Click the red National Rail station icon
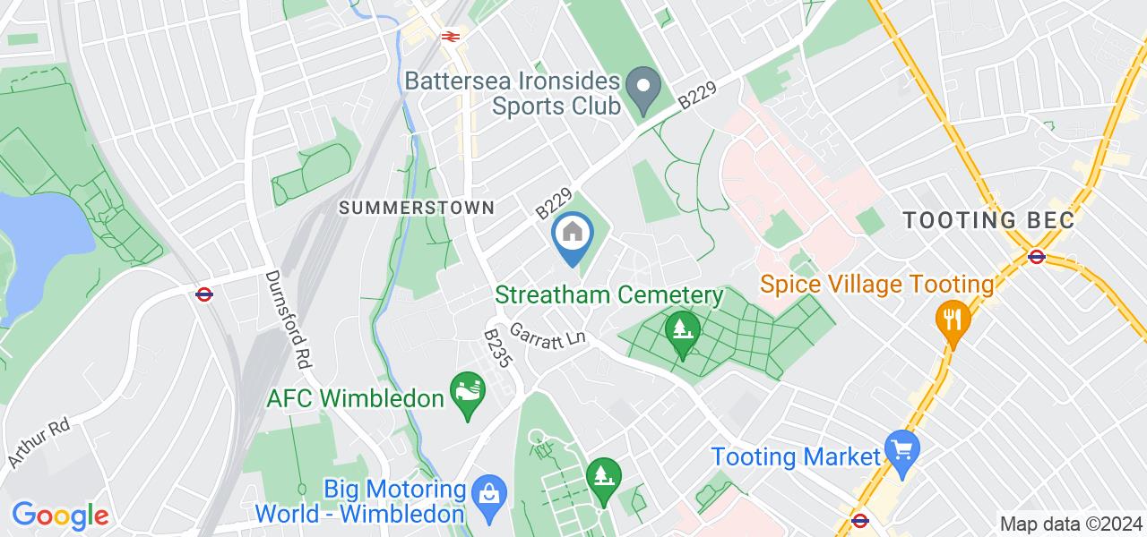(x=450, y=37)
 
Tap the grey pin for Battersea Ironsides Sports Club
(x=642, y=88)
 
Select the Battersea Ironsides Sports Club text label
(x=513, y=93)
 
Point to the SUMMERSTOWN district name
(x=416, y=208)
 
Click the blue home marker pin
(x=571, y=236)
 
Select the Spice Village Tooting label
(x=877, y=286)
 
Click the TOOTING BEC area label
(x=987, y=220)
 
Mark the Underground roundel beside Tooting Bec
(x=1037, y=257)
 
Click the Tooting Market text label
(x=796, y=457)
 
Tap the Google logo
(x=60, y=516)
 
